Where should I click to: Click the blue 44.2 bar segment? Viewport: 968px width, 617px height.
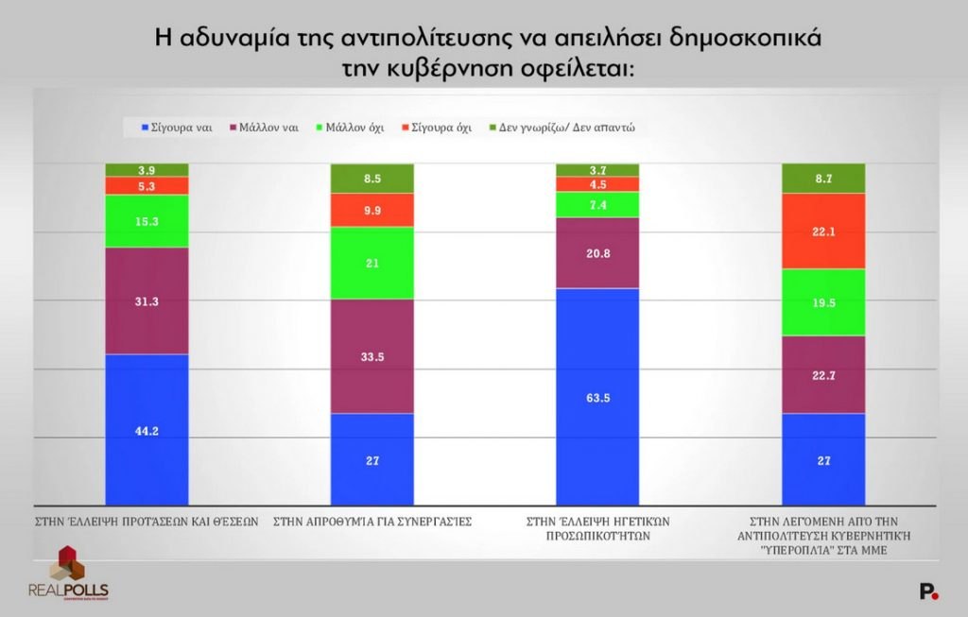click(x=147, y=430)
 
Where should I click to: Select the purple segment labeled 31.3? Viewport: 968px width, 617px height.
click(x=147, y=300)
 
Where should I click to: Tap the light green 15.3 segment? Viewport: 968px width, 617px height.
click(x=147, y=221)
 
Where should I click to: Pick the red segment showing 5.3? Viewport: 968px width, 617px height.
click(x=147, y=186)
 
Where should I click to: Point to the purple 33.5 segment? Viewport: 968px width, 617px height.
click(x=372, y=356)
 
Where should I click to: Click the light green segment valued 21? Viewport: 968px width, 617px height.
click(x=372, y=263)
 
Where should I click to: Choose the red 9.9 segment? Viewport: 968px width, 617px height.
click(x=372, y=210)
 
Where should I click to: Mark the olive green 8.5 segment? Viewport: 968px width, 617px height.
click(x=372, y=178)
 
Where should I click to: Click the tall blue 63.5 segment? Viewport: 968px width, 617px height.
click(x=596, y=397)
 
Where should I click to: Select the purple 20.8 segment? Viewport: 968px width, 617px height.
click(x=596, y=253)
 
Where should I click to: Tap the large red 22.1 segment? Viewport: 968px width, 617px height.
click(x=823, y=231)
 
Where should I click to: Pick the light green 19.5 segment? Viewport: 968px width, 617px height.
click(x=823, y=302)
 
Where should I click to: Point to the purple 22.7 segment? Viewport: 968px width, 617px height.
click(x=823, y=375)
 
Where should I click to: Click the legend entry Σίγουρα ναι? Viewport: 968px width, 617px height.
click(x=175, y=127)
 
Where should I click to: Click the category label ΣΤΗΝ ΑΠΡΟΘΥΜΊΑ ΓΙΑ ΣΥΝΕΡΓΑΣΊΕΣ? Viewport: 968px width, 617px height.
click(x=372, y=521)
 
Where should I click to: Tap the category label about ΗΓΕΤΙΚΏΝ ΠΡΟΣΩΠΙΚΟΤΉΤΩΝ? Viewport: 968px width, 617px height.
click(x=596, y=527)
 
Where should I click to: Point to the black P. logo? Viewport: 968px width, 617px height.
click(x=928, y=591)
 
